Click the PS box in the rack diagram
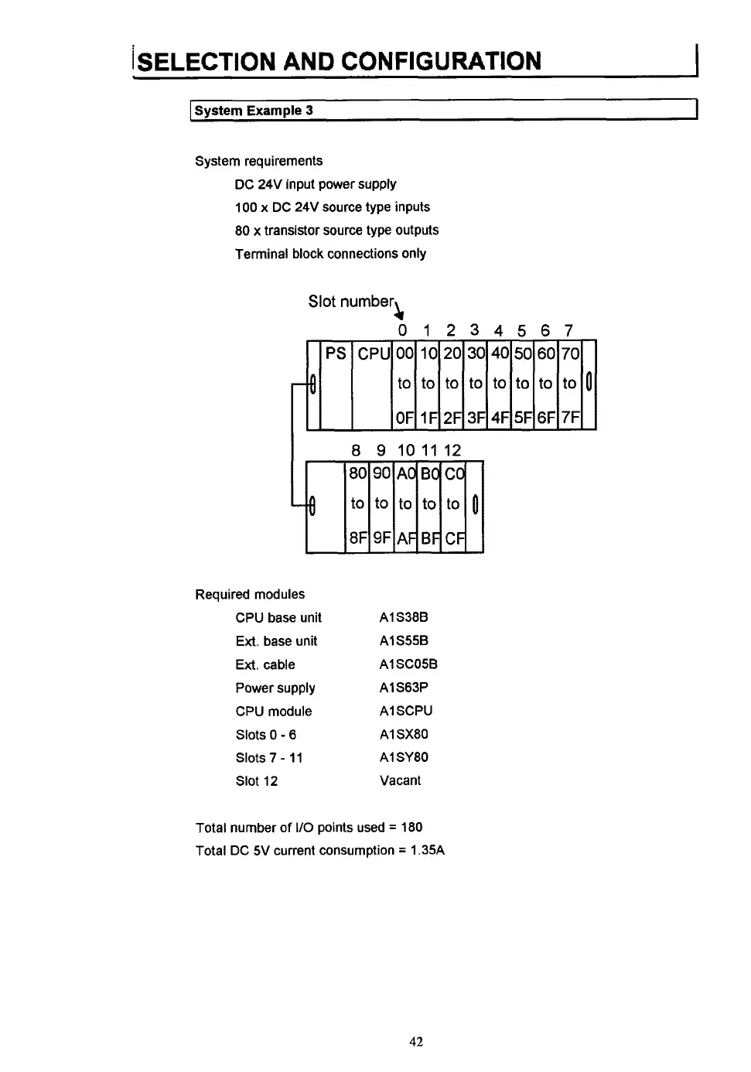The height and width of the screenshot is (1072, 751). pos(336,384)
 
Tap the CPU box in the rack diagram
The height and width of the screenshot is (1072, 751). pos(372,384)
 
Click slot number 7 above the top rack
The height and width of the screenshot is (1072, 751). pos(568,331)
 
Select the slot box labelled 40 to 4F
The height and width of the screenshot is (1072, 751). pos(500,384)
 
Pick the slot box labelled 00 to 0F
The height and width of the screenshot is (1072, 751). pos(405,384)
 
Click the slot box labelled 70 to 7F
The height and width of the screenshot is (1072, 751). pos(570,384)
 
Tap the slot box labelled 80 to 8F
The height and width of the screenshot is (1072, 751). pos(357,506)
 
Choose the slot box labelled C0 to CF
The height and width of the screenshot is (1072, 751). pos(453,506)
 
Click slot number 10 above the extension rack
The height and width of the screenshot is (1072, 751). pos(406,450)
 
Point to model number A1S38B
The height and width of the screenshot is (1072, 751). pos(404,617)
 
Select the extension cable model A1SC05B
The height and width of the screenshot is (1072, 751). pos(408,664)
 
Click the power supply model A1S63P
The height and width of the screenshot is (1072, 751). pos(404,687)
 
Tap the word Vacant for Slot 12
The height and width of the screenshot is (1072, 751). pos(400,780)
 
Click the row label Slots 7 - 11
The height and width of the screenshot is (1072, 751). pos(269,758)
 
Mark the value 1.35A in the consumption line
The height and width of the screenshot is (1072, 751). pos(427,850)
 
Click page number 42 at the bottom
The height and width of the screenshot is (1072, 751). pos(416,1042)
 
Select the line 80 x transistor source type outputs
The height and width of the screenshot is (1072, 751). pos(336,230)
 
